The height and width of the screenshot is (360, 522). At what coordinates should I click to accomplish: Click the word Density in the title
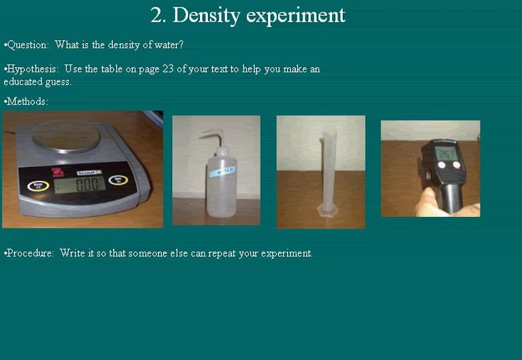click(206, 16)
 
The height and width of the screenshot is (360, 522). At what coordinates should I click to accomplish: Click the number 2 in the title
click(158, 15)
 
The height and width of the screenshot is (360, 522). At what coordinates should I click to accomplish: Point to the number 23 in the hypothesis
click(168, 69)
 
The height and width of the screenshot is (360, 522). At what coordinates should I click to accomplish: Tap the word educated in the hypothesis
click(23, 82)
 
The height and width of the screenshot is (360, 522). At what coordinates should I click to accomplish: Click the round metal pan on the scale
click(66, 135)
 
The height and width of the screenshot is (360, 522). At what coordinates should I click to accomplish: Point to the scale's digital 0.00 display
click(80, 184)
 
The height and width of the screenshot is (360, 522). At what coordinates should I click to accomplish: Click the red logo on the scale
click(56, 173)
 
